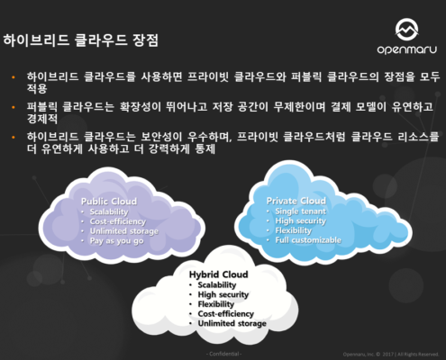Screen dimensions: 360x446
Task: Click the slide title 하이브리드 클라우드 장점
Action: coord(81,40)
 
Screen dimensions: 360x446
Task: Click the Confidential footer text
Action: coord(223,355)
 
